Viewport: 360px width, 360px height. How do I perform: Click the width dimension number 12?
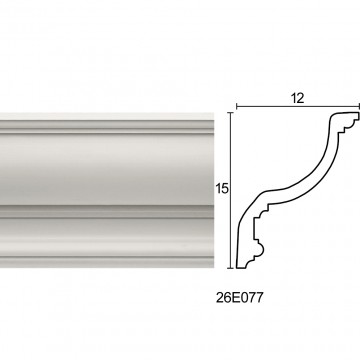(298, 98)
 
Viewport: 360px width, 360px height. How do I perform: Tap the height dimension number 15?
(222, 189)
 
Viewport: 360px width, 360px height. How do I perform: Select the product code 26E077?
(240, 298)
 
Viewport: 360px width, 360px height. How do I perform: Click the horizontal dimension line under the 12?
(298, 107)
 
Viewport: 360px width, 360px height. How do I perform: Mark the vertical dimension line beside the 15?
(231, 190)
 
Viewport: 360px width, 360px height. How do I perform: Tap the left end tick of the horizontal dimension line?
(237, 107)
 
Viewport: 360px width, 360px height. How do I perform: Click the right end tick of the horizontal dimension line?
(359, 107)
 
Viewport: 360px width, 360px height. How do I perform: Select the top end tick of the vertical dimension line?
(231, 113)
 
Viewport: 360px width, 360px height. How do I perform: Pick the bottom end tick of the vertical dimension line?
(231, 268)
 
